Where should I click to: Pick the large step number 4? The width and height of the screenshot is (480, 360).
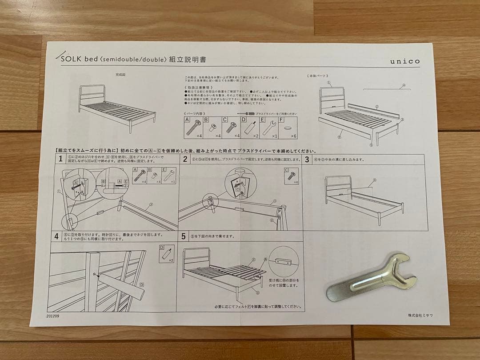(56, 236)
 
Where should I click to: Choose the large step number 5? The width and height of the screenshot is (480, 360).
(184, 236)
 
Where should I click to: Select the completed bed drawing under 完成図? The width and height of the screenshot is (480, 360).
(116, 108)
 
